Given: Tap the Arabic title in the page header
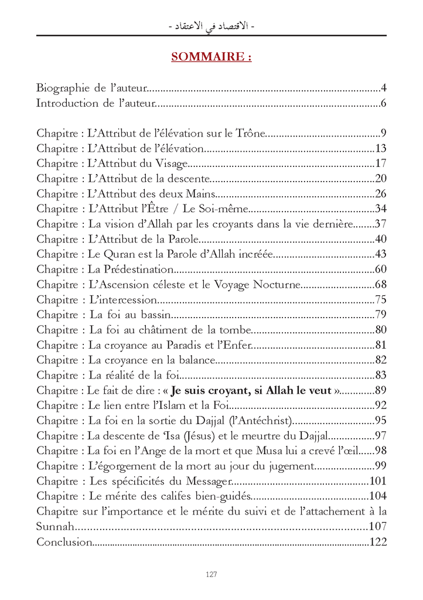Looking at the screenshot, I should click(x=211, y=26).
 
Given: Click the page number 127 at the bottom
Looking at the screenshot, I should click(x=211, y=574).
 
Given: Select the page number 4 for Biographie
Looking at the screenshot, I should click(x=383, y=88).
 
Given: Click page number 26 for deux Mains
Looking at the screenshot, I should click(x=381, y=193).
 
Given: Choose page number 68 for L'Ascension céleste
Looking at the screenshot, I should click(x=381, y=285).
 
